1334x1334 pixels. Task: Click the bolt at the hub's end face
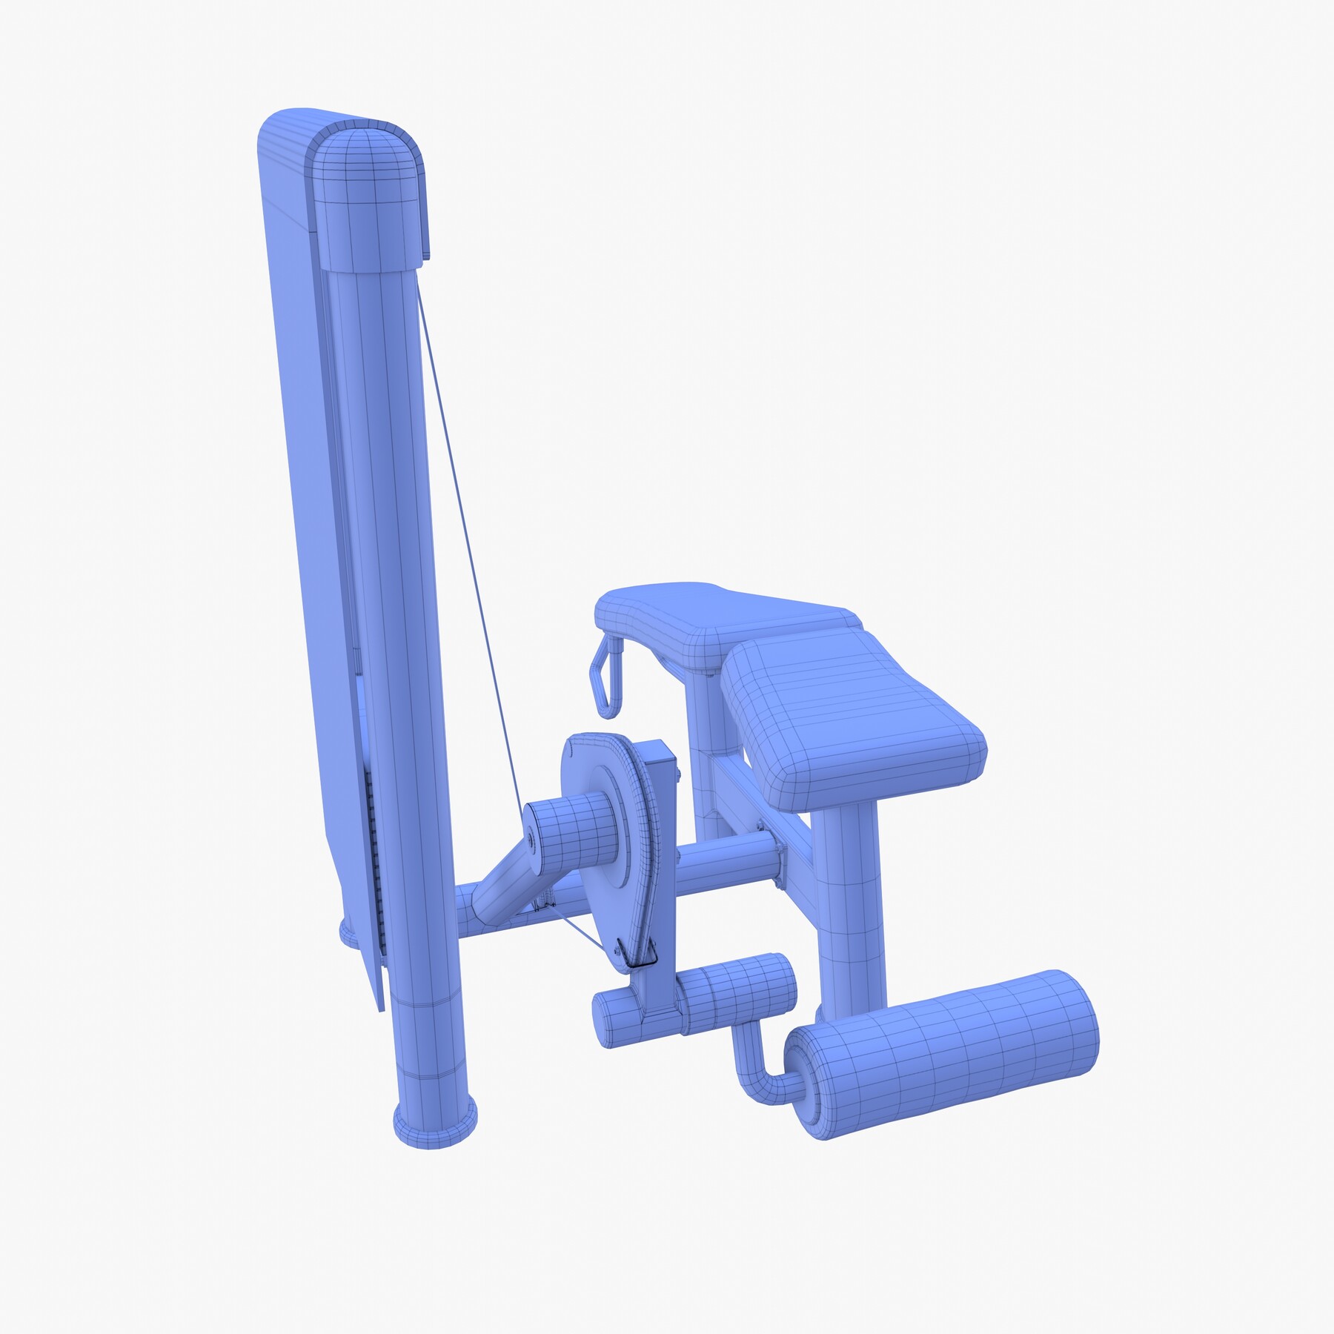tap(531, 840)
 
